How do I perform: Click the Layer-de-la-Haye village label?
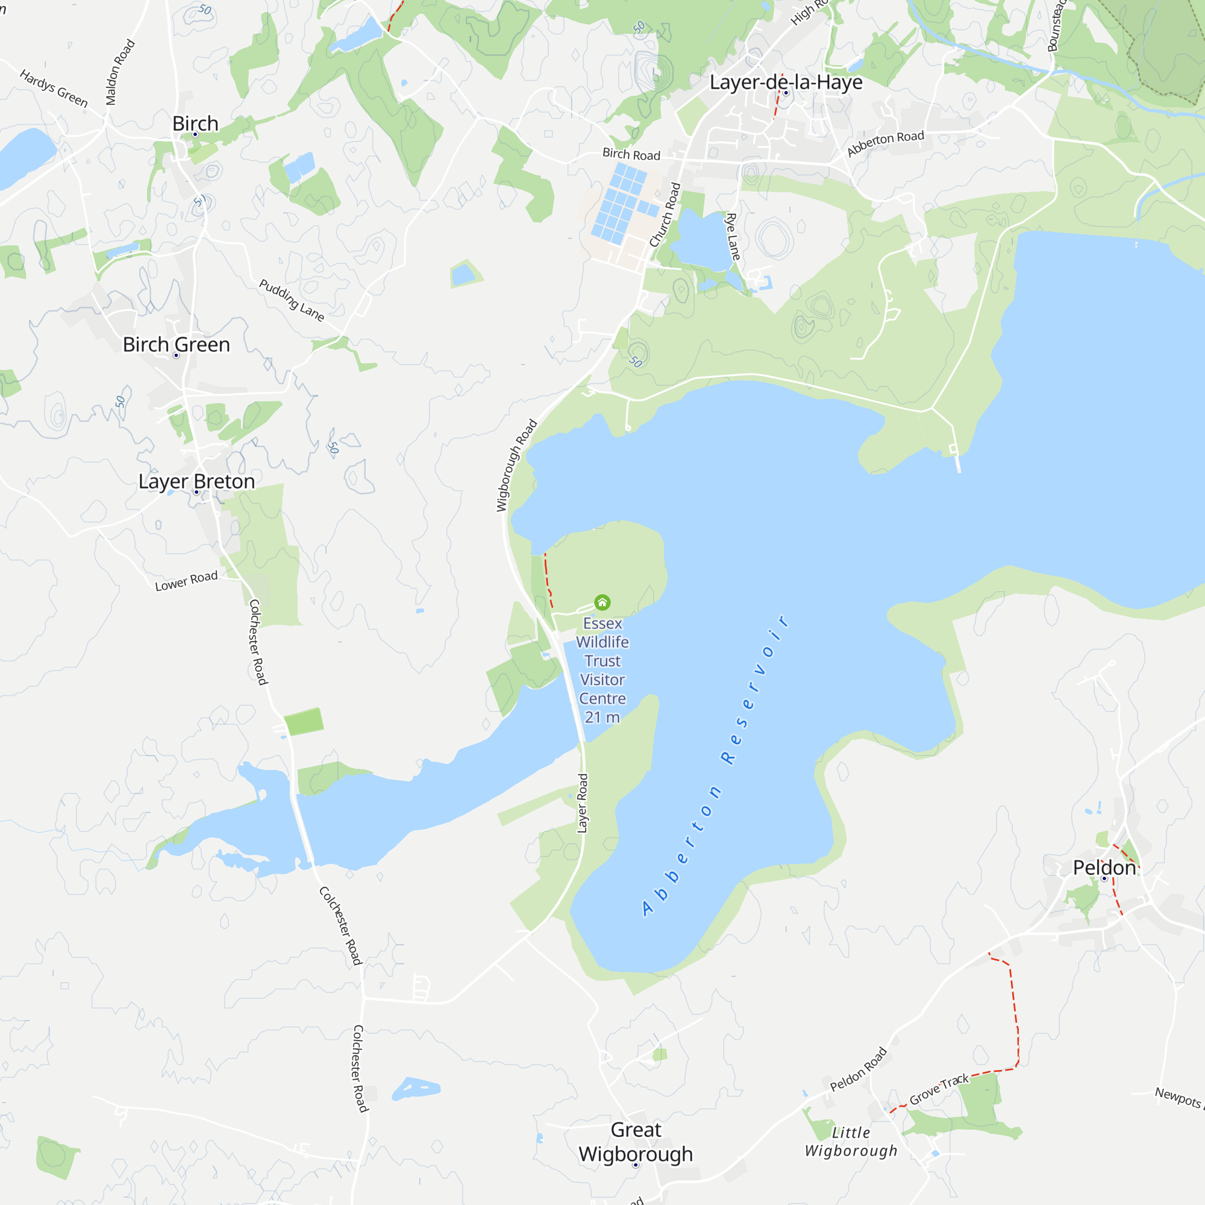pyautogui.click(x=786, y=83)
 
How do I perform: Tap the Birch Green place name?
pyautogui.click(x=177, y=344)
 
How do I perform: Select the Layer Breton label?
pyautogui.click(x=196, y=481)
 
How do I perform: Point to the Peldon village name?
pyautogui.click(x=1104, y=868)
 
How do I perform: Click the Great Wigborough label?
pyautogui.click(x=636, y=1141)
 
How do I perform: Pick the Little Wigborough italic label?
pyautogui.click(x=851, y=1141)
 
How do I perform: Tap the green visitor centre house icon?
pyautogui.click(x=602, y=602)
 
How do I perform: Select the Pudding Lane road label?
pyautogui.click(x=292, y=301)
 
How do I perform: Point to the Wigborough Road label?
pyautogui.click(x=516, y=465)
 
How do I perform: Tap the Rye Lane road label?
pyautogui.click(x=733, y=236)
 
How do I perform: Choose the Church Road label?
pyautogui.click(x=665, y=214)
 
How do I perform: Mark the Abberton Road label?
pyautogui.click(x=885, y=143)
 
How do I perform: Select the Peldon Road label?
pyautogui.click(x=858, y=1069)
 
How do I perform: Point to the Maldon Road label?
pyautogui.click(x=120, y=72)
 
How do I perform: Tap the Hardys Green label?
pyautogui.click(x=54, y=88)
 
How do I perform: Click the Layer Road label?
pyautogui.click(x=583, y=803)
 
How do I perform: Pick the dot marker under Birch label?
pyautogui.click(x=195, y=134)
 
